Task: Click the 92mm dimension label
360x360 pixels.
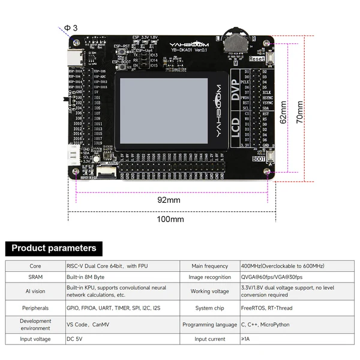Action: click(x=169, y=200)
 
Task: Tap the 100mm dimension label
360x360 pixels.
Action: click(x=170, y=219)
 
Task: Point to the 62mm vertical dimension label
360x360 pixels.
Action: click(x=283, y=112)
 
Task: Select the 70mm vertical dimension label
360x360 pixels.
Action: click(x=299, y=112)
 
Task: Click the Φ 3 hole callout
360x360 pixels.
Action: click(x=71, y=28)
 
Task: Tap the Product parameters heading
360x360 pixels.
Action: click(x=54, y=248)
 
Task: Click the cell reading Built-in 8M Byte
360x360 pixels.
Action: click(x=86, y=277)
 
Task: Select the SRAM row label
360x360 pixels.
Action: click(x=35, y=277)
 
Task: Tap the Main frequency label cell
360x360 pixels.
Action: click(x=209, y=266)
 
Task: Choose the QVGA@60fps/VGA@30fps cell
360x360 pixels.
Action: click(x=271, y=277)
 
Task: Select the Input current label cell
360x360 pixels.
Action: click(x=209, y=339)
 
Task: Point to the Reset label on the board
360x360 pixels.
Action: click(x=256, y=59)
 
